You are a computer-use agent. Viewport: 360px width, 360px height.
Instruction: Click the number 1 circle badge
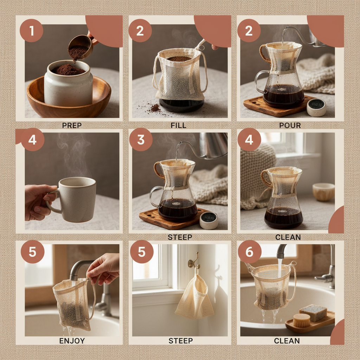point(31,31)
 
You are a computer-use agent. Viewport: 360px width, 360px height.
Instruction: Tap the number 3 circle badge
point(141,140)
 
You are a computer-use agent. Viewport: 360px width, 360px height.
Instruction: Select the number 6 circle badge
point(249,252)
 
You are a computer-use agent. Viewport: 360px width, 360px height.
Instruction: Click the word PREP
point(72,125)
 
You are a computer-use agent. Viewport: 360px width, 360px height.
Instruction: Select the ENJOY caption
point(72,340)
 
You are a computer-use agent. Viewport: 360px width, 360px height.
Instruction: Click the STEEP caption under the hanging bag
point(180,340)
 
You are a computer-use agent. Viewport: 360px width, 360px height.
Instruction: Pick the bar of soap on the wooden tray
point(313,312)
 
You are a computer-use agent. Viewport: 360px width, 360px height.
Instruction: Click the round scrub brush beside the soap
point(302,320)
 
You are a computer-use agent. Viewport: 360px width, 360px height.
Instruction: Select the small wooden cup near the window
point(323,192)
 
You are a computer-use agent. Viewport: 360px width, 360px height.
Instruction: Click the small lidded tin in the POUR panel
point(316,107)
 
